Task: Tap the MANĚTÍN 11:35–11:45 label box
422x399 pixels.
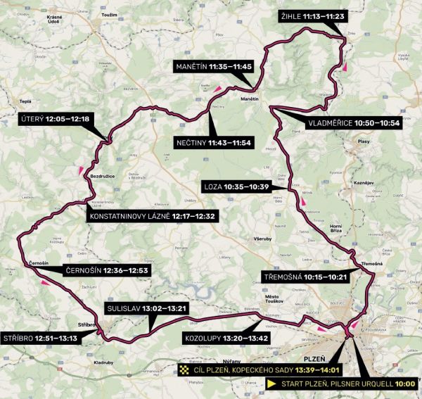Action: [x=213, y=66]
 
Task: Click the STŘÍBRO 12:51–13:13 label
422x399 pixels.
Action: [x=41, y=338]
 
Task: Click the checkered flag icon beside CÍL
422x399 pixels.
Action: [x=185, y=369]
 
